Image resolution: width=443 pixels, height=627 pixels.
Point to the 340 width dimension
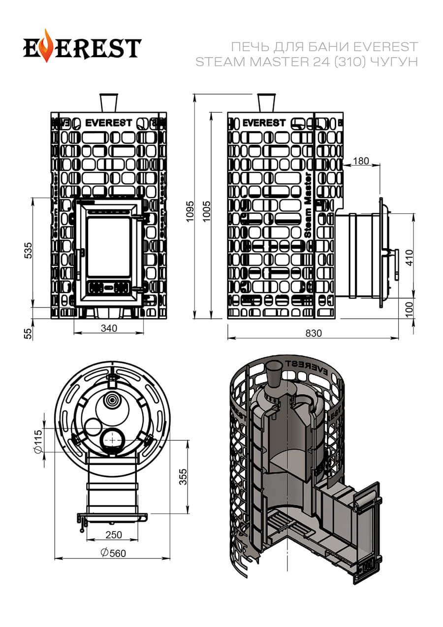[x=109, y=328]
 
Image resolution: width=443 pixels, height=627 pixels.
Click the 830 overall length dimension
[x=313, y=333]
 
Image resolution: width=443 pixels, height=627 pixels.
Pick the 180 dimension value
[x=361, y=161]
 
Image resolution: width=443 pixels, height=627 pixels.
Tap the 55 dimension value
[x=28, y=333]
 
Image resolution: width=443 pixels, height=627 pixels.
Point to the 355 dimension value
[x=183, y=477]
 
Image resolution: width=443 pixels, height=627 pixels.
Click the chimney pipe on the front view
[x=108, y=102]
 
